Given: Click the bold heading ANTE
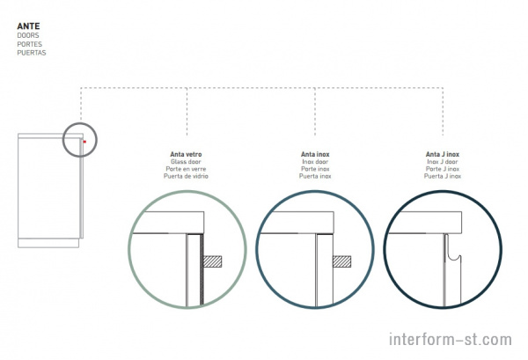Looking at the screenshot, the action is click(29, 26).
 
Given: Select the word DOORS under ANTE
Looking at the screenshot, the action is click(28, 35).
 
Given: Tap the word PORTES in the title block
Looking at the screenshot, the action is click(30, 44).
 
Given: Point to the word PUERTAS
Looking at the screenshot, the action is click(32, 53).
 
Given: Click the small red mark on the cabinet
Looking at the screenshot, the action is click(84, 142).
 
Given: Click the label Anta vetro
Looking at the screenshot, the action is click(186, 154).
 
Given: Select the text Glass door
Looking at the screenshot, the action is click(186, 162).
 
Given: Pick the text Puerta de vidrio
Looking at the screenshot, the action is click(186, 176).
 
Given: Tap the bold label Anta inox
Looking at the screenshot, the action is click(315, 154).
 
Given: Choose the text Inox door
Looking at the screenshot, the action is click(315, 162).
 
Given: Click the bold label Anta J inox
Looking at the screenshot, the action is click(443, 154).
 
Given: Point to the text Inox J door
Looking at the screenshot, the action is click(443, 162).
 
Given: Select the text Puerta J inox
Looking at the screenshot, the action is click(443, 176).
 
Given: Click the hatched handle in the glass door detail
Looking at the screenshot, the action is click(212, 261).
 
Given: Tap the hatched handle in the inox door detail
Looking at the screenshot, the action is click(341, 261).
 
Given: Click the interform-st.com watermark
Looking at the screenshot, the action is click(451, 339).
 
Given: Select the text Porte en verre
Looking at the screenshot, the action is click(186, 169).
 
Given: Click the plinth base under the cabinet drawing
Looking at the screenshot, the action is click(48, 243).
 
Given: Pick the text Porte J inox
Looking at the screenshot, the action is click(443, 169).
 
